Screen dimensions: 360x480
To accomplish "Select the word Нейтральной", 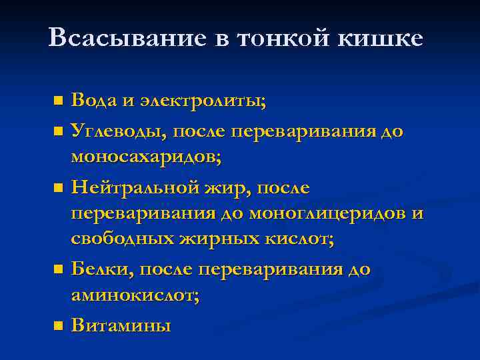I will [135, 188].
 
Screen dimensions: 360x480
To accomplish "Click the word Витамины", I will [121, 325].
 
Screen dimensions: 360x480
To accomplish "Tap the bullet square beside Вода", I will [58, 102].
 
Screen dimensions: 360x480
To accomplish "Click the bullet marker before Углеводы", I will [58, 131].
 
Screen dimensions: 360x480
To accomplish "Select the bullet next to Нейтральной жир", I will [58, 189].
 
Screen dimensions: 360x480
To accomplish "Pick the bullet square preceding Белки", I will [58, 270].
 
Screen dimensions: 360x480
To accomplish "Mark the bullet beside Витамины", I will [58, 326].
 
